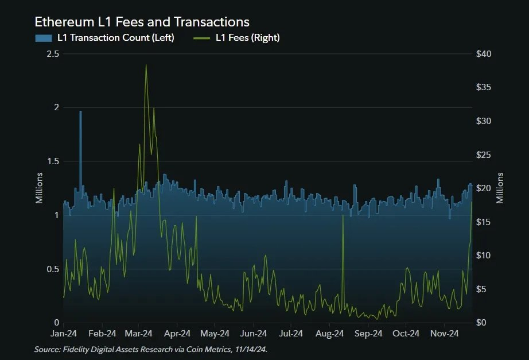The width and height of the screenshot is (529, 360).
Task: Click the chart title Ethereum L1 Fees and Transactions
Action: point(142,22)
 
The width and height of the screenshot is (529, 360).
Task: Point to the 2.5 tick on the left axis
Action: point(53,54)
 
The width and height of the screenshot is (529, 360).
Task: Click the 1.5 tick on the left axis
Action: point(53,161)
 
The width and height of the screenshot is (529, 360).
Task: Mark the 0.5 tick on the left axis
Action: point(53,269)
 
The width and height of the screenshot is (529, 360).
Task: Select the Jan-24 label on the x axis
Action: point(64,334)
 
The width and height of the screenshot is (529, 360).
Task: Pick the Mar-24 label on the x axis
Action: point(138,334)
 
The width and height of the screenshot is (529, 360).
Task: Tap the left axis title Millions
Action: point(40,188)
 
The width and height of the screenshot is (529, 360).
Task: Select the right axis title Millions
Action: point(500,188)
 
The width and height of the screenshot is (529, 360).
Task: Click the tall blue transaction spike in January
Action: point(80,115)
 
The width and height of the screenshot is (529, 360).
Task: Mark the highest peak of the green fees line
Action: point(146,65)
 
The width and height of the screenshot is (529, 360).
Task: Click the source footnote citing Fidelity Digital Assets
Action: point(150,349)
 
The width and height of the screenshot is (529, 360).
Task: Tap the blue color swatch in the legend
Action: point(44,38)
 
